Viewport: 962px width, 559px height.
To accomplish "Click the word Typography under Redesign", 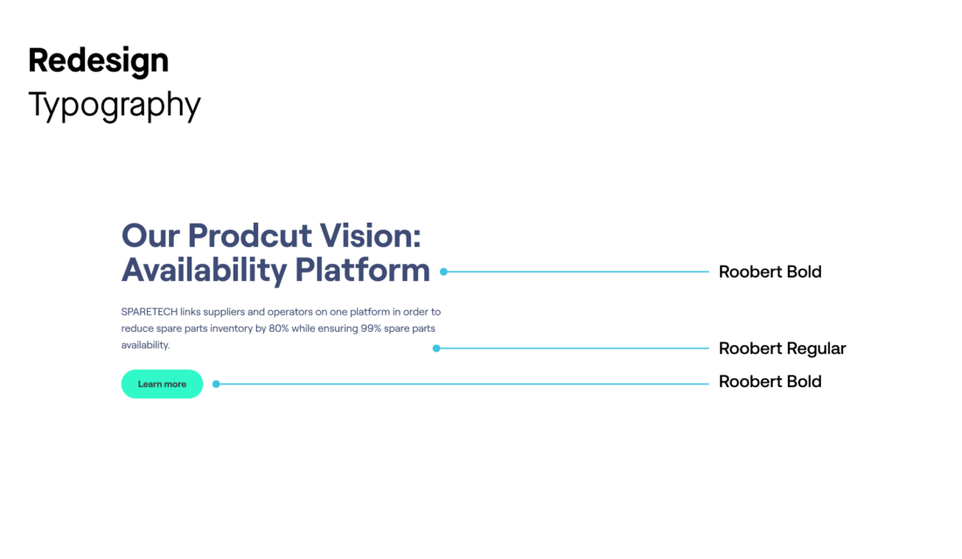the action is pos(115,105).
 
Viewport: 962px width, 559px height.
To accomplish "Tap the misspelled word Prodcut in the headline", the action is pos(250,235).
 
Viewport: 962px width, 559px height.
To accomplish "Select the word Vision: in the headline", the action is pos(371,235).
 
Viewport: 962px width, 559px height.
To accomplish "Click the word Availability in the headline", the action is pos(205,270).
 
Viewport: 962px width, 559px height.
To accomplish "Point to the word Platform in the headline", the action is pos(363,270).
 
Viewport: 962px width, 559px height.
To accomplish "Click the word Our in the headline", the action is pos(151,235).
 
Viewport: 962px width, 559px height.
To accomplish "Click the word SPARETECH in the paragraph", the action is pos(149,312).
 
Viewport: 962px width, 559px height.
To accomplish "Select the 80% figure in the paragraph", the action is pos(278,328).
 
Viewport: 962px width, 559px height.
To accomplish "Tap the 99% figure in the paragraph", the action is pos(371,328).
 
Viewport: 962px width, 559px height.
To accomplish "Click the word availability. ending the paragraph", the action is pos(145,345).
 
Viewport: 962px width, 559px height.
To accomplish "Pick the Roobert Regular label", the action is pos(782,349).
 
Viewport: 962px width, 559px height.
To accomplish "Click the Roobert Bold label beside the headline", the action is pos(770,273).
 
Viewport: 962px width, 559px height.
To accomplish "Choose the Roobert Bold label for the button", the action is pos(770,382).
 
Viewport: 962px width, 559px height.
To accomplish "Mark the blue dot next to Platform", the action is pos(443,272).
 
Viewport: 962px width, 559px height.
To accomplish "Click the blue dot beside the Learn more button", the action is pos(216,384).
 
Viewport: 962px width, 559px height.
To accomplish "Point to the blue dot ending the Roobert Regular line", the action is pos(436,349).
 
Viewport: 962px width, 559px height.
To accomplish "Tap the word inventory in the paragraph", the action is pos(231,329).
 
